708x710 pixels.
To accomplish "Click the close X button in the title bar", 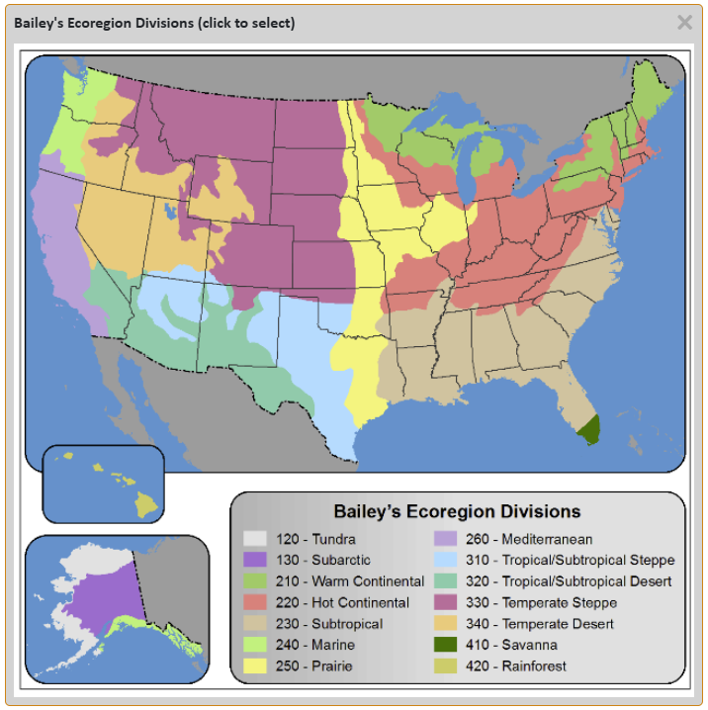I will [x=684, y=22].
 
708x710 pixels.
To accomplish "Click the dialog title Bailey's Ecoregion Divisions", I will [x=154, y=23].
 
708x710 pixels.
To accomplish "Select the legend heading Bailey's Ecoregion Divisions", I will [x=457, y=511].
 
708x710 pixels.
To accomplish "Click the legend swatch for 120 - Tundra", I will [x=255, y=539].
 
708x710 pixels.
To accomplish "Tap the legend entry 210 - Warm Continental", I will [x=341, y=581].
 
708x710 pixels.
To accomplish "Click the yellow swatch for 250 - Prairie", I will [x=255, y=666].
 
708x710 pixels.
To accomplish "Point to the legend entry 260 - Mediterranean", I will [x=529, y=539].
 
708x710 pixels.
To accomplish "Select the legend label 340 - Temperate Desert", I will [x=539, y=624].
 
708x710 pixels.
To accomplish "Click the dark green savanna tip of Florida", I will [x=589, y=431].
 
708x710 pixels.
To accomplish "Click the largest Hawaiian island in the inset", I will [x=147, y=505].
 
